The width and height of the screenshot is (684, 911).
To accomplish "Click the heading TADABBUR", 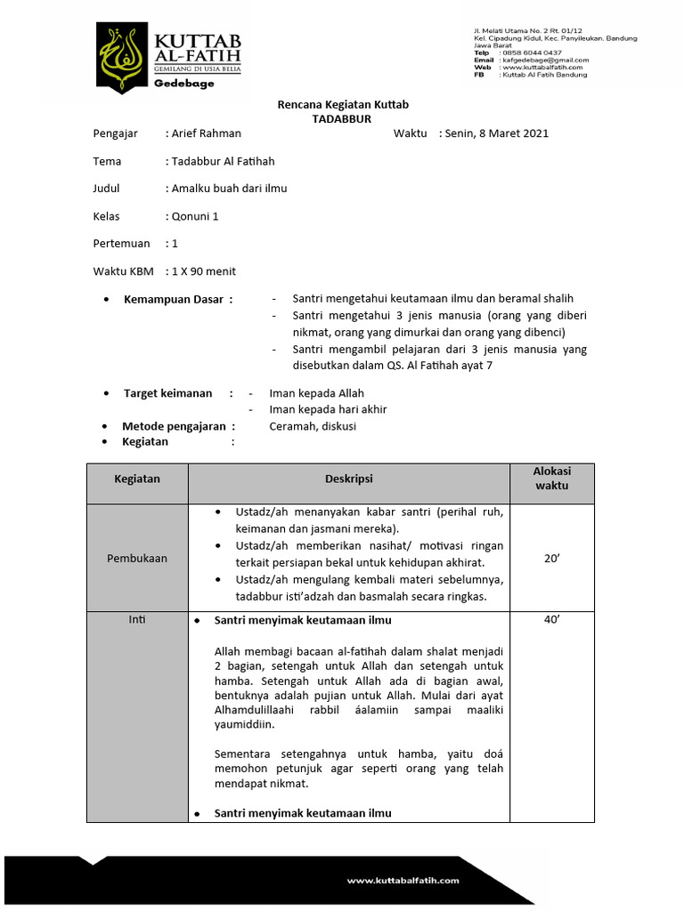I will [341, 118].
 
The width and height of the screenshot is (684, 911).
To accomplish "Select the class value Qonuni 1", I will [195, 216].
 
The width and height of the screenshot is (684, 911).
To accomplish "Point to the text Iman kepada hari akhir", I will [328, 409].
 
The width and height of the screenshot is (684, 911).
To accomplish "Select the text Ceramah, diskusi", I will [313, 426].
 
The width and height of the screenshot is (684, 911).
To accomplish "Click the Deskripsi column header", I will [348, 479].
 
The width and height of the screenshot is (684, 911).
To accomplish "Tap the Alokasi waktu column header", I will [551, 479].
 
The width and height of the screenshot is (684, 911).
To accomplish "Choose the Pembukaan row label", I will [137, 559].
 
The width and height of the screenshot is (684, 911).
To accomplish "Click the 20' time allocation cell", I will [551, 559].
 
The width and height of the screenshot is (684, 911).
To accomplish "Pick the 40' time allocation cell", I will [551, 620].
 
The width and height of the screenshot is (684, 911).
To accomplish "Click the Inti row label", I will [137, 620].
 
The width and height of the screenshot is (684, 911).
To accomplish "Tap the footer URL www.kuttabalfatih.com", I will [403, 880].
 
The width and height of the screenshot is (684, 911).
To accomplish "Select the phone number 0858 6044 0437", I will [533, 52].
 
